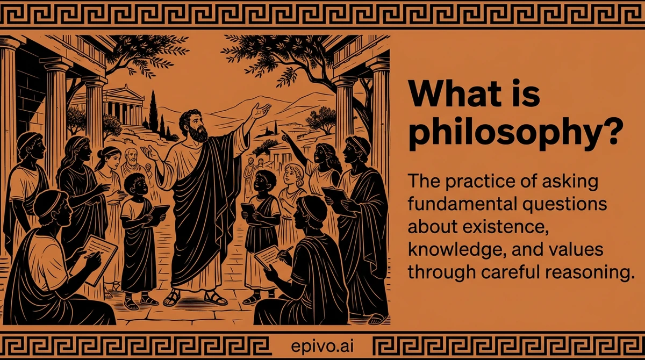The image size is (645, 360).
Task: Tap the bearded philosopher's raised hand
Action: (262, 111)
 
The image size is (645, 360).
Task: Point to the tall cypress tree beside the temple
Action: (153, 111)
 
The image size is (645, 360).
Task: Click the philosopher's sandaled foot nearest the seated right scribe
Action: (216, 298)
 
